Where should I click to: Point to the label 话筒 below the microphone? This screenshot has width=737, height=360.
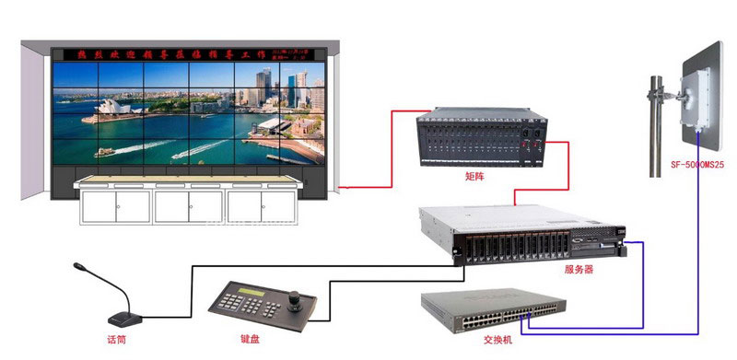(116, 340)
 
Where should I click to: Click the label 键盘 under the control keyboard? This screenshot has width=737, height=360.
(250, 340)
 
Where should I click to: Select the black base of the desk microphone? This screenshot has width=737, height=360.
(123, 319)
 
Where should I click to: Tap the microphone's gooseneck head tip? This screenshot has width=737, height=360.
(78, 267)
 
